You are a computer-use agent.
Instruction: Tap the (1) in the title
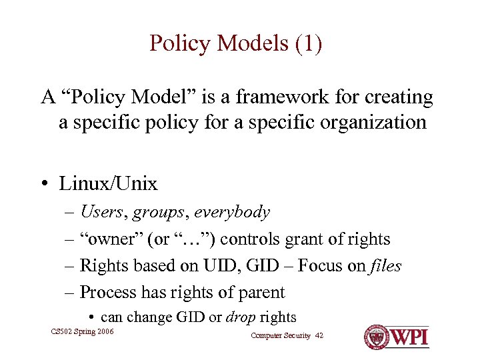tap(306, 43)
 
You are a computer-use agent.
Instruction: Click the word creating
tap(399, 97)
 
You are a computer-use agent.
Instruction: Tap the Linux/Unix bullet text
tap(108, 183)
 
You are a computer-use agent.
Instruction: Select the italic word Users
tap(101, 213)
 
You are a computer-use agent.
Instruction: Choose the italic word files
tap(386, 266)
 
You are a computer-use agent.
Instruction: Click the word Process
tap(105, 293)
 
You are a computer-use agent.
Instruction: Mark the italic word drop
tap(241, 318)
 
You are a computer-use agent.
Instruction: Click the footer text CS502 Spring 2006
tap(82, 331)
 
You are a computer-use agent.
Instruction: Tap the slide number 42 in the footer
tap(318, 335)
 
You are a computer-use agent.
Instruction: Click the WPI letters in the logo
tap(408, 336)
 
